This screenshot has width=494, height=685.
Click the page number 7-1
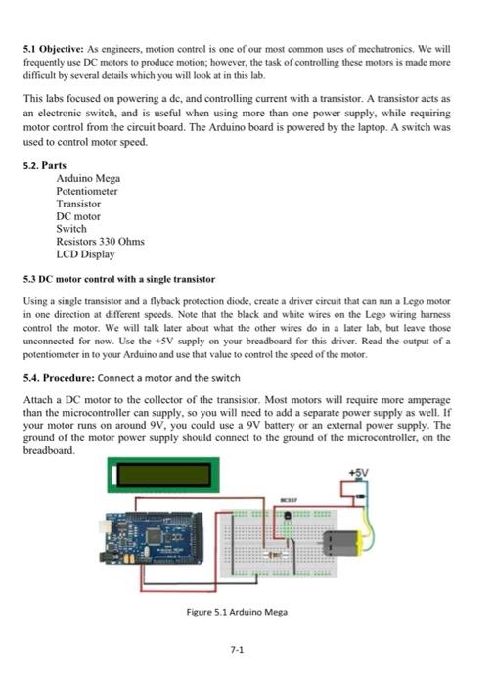(236, 649)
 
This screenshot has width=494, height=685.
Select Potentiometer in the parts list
(87, 192)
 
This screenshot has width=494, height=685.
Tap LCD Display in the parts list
(85, 254)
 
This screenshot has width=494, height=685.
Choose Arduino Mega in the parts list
(88, 179)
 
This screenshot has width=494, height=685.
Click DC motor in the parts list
(78, 216)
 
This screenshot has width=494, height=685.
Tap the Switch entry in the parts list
(71, 229)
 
